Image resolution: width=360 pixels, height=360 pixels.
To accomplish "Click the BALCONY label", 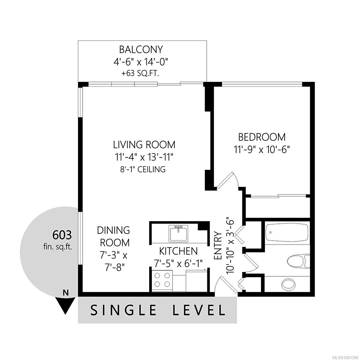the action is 141,49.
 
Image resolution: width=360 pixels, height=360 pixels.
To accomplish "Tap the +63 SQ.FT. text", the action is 140,73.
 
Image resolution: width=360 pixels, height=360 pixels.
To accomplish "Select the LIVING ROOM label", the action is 144,145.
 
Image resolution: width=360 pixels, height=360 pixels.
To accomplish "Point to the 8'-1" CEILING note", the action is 143,169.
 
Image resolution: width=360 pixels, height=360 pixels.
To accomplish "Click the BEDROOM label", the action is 262,137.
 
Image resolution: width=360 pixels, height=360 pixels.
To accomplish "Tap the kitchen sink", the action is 178,233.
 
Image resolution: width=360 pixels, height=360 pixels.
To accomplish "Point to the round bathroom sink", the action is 288,284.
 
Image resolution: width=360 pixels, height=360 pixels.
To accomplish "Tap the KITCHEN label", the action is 178,251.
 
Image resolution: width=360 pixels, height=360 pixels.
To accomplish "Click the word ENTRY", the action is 218,245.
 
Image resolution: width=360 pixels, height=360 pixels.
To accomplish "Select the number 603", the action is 62,235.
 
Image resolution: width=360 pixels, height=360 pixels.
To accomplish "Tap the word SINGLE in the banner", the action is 124,310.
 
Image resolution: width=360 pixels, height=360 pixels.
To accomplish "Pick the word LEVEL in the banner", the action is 199,310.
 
